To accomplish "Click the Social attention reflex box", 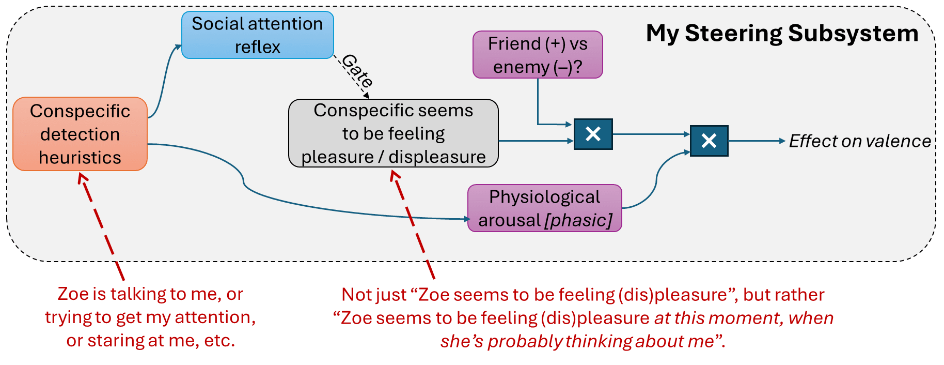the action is pos(258,35).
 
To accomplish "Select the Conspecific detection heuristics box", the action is pos(80,134).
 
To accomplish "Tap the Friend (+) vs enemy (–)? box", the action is pos(538,55).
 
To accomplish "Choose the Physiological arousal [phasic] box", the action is pos(545,208).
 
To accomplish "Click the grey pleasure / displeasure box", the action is pos(394,133).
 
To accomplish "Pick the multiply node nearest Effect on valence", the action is pos(709,141).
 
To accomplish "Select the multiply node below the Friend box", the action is pos(593,134).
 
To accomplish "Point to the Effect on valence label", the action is pos(860,141).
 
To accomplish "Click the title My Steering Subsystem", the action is pos(782,34).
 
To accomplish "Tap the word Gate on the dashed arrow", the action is pos(358,70).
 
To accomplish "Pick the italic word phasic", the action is pos(578,221).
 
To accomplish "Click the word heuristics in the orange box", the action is pos(80,157).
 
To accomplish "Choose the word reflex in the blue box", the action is pos(258,47).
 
